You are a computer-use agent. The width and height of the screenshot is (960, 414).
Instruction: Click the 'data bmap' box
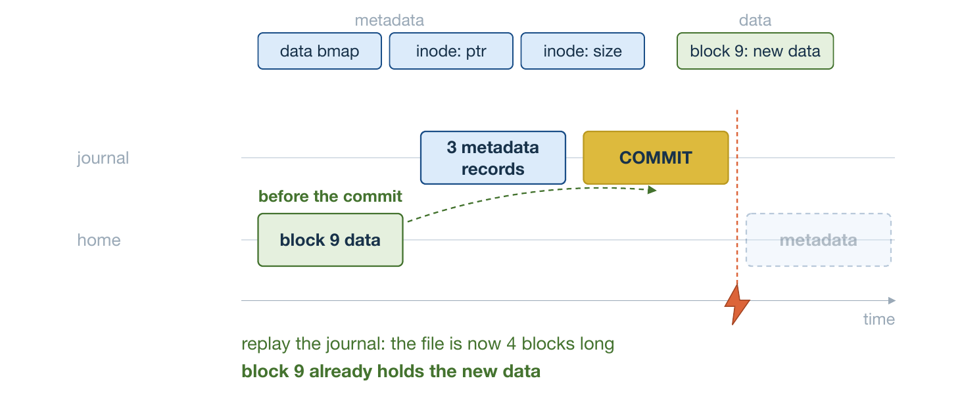click(320, 51)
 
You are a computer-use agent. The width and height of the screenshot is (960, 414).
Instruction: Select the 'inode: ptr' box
click(451, 51)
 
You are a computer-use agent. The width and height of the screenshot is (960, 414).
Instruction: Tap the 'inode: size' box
click(583, 51)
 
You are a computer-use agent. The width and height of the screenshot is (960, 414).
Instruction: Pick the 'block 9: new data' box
click(755, 51)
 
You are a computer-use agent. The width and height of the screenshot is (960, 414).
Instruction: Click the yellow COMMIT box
click(656, 158)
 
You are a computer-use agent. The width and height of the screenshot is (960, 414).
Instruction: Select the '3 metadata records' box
click(493, 158)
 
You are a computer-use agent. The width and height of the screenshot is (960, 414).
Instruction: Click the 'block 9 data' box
click(331, 240)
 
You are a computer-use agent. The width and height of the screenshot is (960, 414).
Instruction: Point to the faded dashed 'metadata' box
click(819, 240)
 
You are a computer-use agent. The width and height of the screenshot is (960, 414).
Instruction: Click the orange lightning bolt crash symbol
click(737, 305)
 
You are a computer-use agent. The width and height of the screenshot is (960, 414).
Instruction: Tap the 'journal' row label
click(103, 158)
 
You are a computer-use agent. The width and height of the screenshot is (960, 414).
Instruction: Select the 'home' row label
click(99, 240)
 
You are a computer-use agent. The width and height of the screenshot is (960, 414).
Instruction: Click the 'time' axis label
click(879, 319)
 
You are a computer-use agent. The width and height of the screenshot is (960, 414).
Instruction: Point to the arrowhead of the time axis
click(892, 300)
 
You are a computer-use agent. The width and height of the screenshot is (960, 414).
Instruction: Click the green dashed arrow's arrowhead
click(652, 190)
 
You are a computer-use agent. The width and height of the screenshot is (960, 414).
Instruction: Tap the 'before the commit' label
click(330, 196)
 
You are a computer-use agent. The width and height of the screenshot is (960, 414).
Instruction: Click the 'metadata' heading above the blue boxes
click(389, 20)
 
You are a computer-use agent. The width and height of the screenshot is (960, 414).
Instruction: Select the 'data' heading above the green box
click(755, 20)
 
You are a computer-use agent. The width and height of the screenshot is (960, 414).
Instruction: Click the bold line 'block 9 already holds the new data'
click(391, 371)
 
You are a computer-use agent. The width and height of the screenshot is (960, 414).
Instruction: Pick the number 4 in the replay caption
click(512, 344)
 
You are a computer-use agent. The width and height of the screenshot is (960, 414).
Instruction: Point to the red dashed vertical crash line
click(737, 198)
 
